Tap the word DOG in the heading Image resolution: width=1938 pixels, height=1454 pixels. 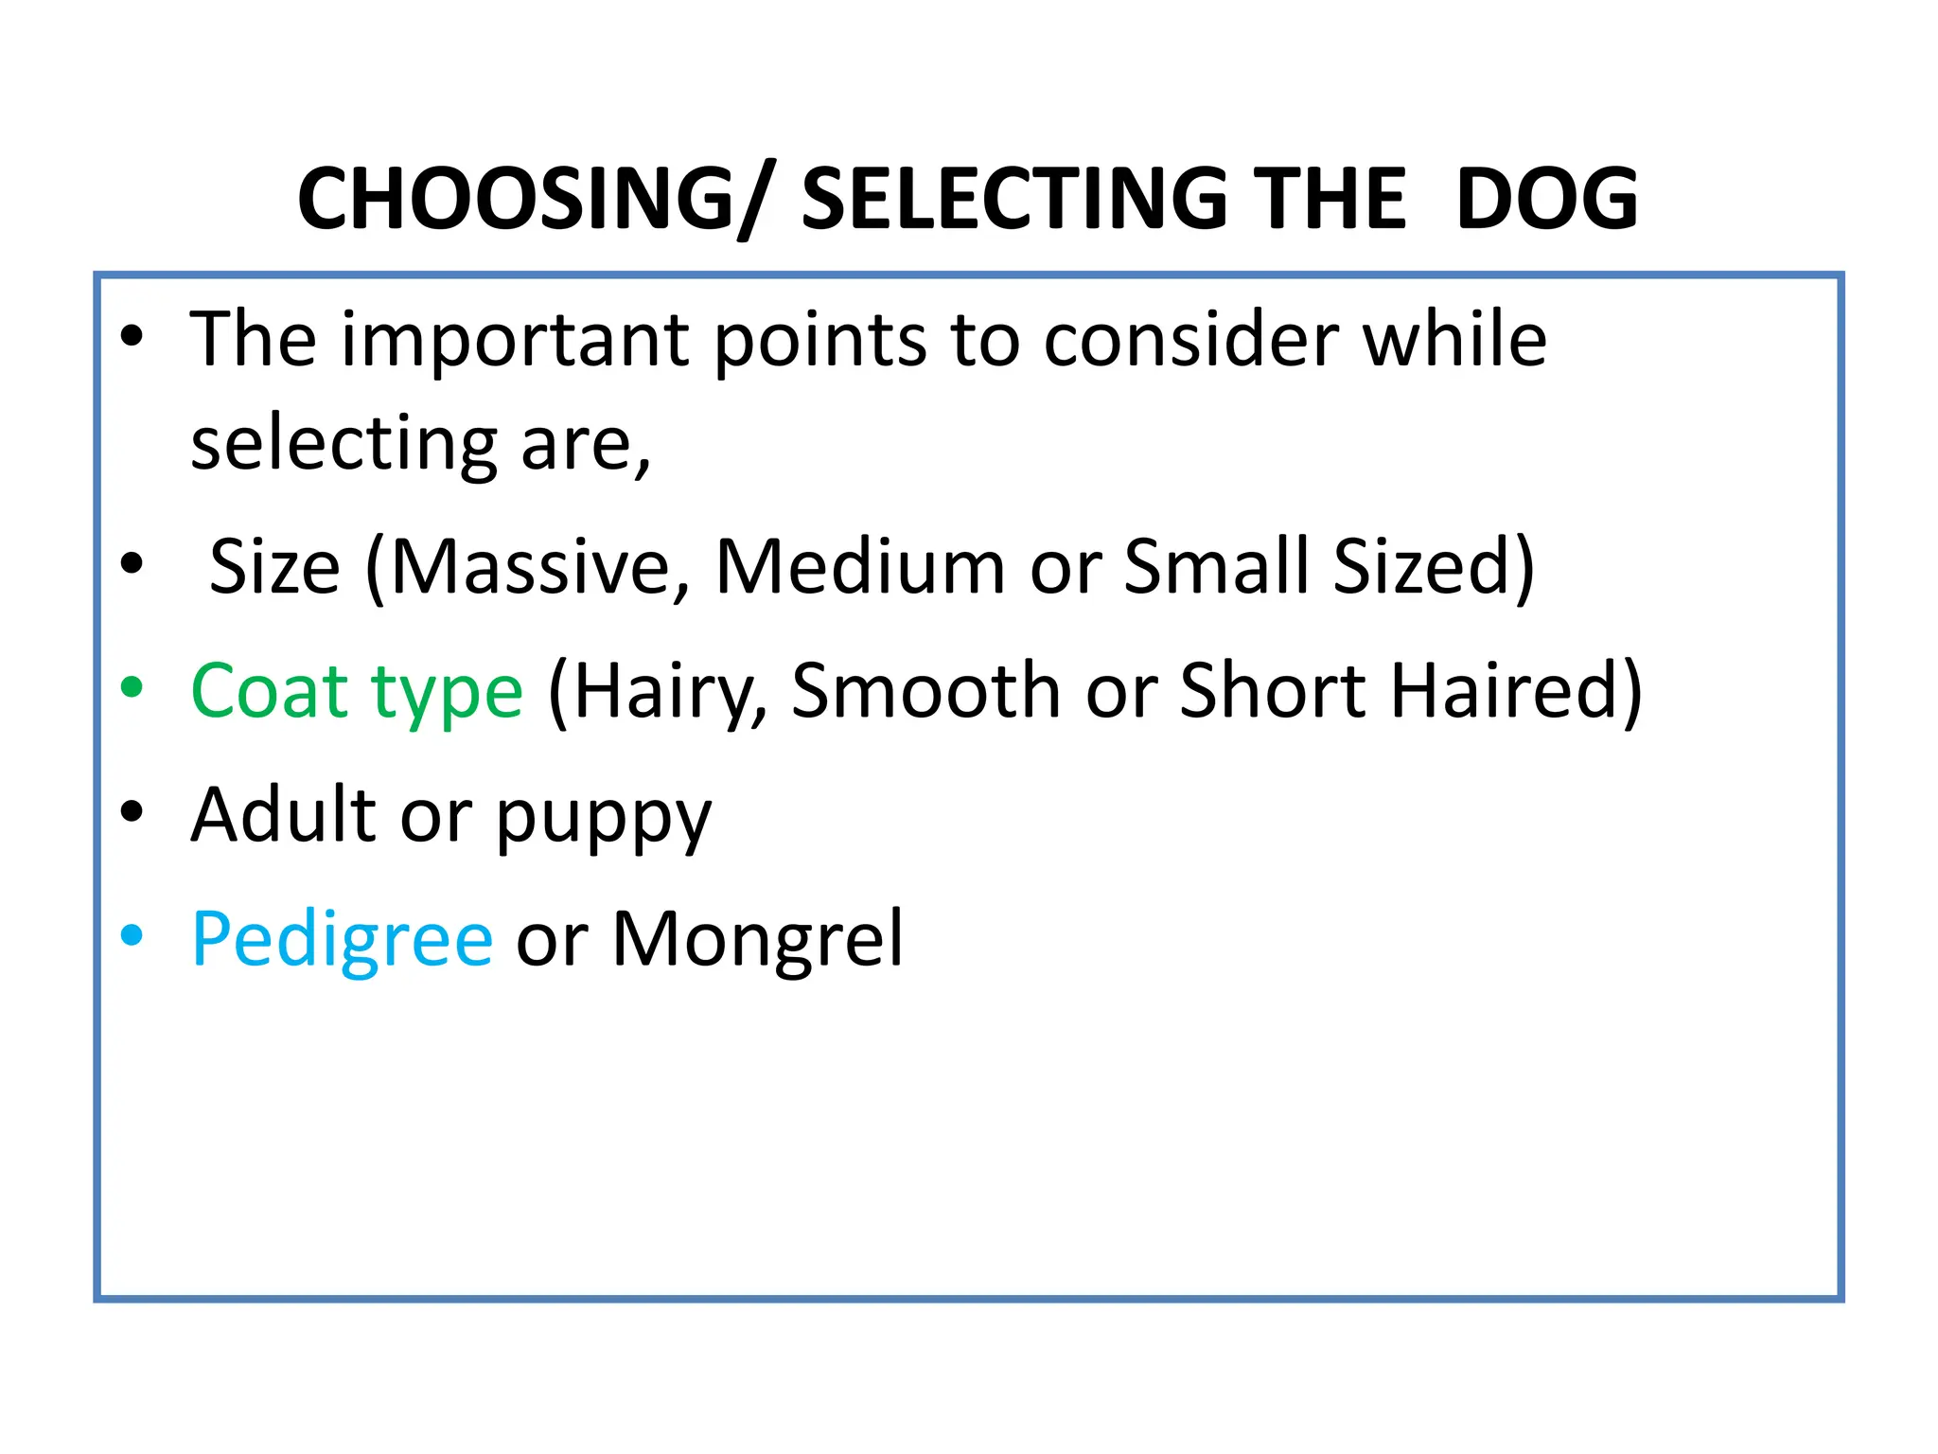pos(1546,199)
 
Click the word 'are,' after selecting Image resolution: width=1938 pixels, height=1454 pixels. pos(586,445)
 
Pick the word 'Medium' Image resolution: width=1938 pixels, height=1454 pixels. pos(860,567)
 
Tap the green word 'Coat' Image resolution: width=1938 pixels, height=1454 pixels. pos(271,691)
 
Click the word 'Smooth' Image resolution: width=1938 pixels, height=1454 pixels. pos(925,691)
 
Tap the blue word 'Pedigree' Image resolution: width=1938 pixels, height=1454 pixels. pos(342,940)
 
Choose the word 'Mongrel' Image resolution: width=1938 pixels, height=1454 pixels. pos(758,940)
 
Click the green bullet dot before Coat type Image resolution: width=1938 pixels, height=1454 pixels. pos(132,688)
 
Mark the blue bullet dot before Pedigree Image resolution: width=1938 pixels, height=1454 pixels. pos(132,935)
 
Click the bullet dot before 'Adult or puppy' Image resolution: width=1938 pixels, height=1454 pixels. pos(132,812)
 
